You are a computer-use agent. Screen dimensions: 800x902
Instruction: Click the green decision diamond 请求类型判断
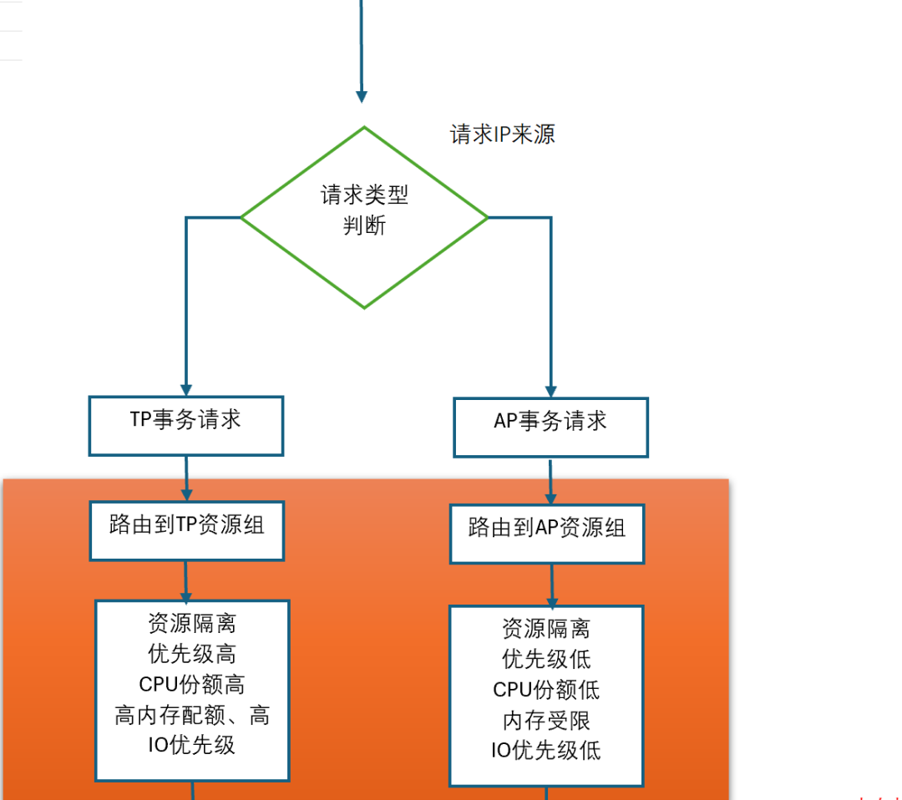364,217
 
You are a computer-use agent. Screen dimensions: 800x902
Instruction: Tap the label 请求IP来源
503,134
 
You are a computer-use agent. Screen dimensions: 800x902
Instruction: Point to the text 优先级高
192,654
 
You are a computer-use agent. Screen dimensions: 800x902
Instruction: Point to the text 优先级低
546,659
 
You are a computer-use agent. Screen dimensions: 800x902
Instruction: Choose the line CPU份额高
192,685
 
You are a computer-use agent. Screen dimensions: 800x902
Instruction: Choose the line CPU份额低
546,690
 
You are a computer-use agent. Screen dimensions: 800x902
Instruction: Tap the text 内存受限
546,720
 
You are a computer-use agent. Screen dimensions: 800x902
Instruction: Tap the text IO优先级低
546,750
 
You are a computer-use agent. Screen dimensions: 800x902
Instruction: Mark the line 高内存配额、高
192,715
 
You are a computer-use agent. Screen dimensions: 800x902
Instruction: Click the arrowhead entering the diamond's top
362,95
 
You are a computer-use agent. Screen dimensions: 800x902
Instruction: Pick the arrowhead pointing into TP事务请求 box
186,389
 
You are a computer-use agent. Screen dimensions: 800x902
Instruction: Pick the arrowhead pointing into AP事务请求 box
550,391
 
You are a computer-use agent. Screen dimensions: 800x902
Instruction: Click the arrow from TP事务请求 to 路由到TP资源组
186,478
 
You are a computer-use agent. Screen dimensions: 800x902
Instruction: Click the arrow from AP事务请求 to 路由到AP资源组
550,481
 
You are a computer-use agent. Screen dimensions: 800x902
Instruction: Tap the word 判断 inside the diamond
364,225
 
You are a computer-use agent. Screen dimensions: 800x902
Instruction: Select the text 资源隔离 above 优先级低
546,628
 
